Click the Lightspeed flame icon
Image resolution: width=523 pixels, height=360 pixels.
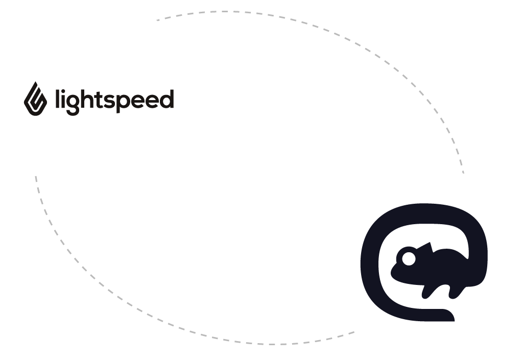pyautogui.click(x=35, y=99)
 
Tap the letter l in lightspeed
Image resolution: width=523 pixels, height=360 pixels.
pyautogui.click(x=57, y=99)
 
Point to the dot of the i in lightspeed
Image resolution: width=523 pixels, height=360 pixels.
pyautogui.click(x=64, y=91)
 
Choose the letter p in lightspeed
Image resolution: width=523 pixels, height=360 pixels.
pyautogui.click(x=124, y=104)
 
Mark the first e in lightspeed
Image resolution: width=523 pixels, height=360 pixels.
pyautogui.click(x=138, y=102)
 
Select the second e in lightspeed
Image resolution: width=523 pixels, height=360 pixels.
pyautogui.click(x=153, y=102)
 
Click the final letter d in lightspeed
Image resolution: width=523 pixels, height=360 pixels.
pyautogui.click(x=167, y=100)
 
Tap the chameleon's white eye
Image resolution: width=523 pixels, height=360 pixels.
pyautogui.click(x=409, y=259)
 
